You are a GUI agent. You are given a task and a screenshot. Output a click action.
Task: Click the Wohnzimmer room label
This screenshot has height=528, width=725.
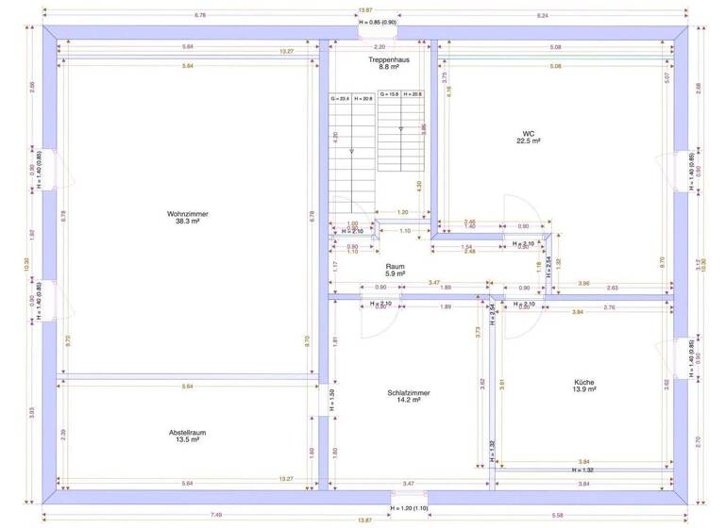[x=186, y=214]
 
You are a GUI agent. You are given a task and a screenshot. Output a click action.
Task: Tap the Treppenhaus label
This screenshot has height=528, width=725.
[x=383, y=59]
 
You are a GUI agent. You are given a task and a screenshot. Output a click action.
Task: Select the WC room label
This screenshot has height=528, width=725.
[x=529, y=133]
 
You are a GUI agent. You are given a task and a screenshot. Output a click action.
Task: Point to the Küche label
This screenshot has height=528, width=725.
[x=584, y=382]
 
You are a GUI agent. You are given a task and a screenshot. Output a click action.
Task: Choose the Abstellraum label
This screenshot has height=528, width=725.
[x=187, y=432]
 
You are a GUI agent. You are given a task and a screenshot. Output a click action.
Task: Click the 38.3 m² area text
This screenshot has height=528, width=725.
[x=186, y=223]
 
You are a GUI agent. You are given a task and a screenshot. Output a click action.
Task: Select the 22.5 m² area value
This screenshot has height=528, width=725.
[x=529, y=141]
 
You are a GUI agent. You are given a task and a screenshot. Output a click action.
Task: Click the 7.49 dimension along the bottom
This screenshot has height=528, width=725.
[x=216, y=515]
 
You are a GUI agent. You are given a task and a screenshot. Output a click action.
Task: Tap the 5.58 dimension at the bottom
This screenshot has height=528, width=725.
[x=585, y=515]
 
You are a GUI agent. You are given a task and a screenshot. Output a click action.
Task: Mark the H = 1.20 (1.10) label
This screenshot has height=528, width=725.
[x=409, y=508]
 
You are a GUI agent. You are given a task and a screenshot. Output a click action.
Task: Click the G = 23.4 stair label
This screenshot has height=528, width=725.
[x=340, y=97]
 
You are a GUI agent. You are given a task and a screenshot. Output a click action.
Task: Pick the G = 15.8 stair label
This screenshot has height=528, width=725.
[x=389, y=94]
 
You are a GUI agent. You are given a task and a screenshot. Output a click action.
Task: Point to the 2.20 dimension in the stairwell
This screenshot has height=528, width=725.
[x=379, y=46]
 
